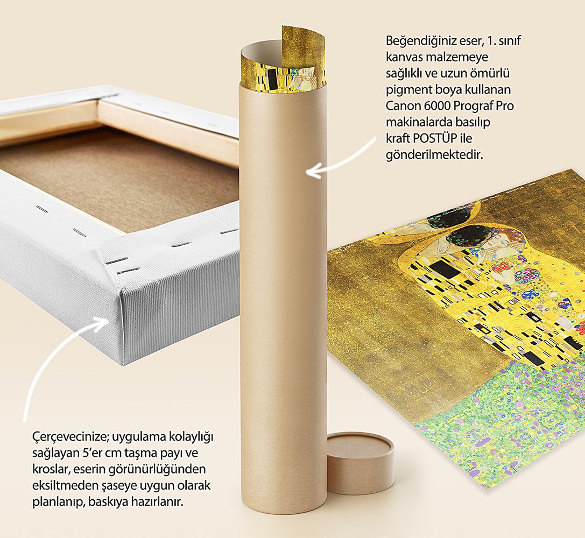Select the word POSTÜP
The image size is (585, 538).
pyautogui.click(x=435, y=138)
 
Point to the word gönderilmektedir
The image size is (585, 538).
pyautogui.click(x=434, y=155)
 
